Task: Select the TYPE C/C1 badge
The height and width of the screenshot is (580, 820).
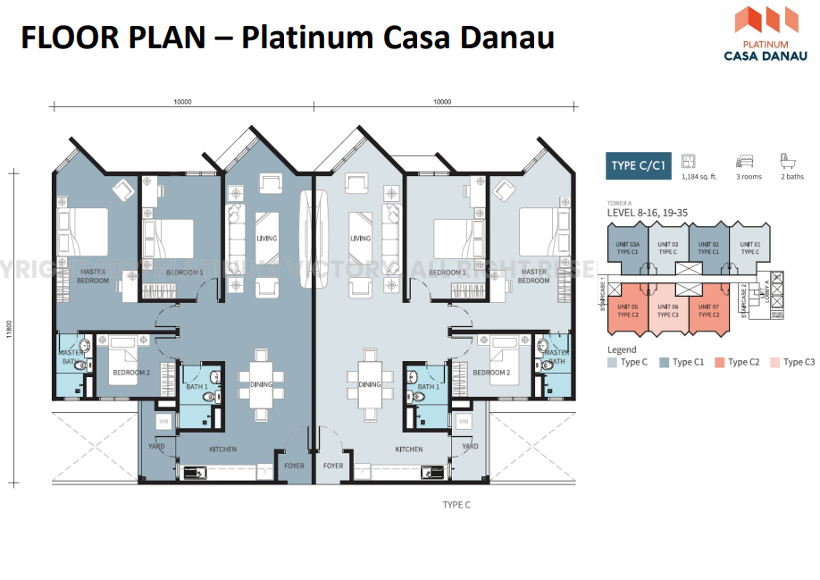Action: click(x=638, y=166)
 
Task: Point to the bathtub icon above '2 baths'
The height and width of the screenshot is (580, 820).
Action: click(x=789, y=162)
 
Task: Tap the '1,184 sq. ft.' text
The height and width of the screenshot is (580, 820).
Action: click(x=694, y=177)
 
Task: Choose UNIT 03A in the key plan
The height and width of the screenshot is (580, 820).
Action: click(x=628, y=248)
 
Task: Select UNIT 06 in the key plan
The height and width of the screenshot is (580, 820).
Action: click(x=668, y=310)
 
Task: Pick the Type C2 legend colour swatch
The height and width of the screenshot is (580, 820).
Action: click(x=720, y=362)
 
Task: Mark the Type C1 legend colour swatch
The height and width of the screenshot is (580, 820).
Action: click(x=665, y=362)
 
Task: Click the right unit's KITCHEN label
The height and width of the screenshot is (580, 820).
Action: click(x=409, y=450)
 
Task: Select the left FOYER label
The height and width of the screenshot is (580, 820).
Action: click(x=294, y=466)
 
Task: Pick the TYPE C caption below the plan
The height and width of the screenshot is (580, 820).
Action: click(x=456, y=505)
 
